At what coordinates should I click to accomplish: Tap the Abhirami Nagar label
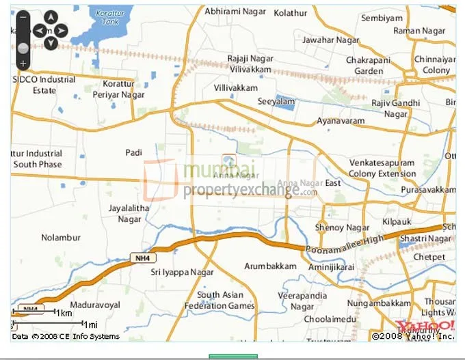click(x=235, y=12)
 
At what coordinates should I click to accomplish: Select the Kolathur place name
click(x=290, y=12)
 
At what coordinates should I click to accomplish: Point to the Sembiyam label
click(x=382, y=18)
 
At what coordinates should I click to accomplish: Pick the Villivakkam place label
click(x=236, y=88)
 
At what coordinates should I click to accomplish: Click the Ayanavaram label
click(x=341, y=121)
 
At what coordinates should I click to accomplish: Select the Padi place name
click(x=133, y=152)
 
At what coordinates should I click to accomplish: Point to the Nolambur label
click(x=62, y=237)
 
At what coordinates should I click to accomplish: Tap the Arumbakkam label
click(x=271, y=266)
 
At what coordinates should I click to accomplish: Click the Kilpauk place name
click(x=397, y=223)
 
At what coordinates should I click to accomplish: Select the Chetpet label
click(x=429, y=258)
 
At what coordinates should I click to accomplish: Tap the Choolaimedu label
click(x=330, y=319)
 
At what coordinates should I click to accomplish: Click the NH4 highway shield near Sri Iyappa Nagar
click(x=139, y=258)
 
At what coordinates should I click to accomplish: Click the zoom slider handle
click(x=23, y=48)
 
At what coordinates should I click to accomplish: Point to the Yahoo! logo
click(x=424, y=324)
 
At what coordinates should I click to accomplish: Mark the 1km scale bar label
click(x=64, y=313)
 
